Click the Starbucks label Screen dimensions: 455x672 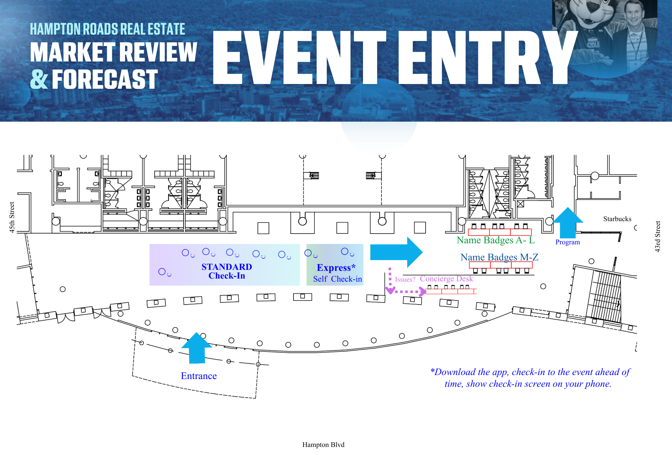[617, 219]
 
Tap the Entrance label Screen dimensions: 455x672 [199, 376]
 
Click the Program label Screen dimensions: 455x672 [567, 242]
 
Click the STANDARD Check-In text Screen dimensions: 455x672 [227, 271]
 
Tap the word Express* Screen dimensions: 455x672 [336, 268]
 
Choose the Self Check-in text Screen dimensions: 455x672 [338, 279]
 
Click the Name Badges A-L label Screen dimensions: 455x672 [495, 240]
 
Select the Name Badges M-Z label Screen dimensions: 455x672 [499, 257]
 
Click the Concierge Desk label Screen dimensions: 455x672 [446, 279]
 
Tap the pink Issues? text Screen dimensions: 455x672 [405, 279]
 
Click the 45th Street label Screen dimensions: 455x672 [12, 217]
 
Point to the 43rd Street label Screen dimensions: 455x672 [658, 236]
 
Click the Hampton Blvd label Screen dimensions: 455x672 [323, 445]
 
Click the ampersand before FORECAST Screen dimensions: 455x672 [39, 80]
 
